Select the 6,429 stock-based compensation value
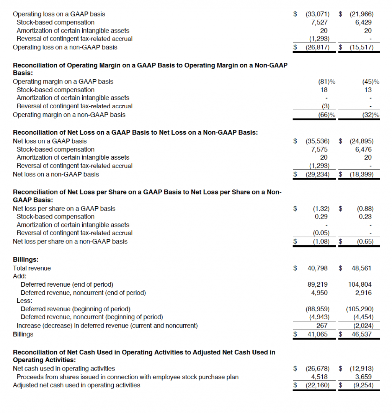[363, 22]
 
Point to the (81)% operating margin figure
[327, 82]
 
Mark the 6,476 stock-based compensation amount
[363, 149]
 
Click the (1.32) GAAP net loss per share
[321, 209]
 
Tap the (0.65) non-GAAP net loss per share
[365, 242]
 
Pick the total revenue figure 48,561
[361, 268]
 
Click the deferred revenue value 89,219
[317, 285]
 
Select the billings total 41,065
[317, 334]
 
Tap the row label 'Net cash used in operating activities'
[64, 369]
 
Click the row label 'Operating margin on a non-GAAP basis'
[69, 115]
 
